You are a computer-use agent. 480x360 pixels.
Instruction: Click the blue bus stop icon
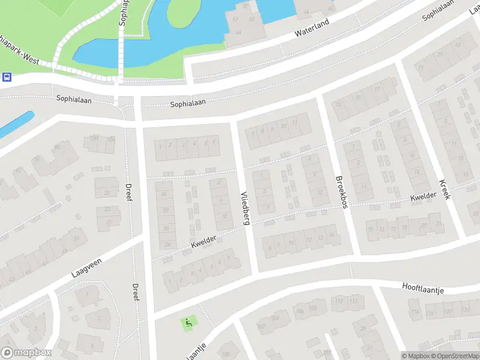[x=7, y=77]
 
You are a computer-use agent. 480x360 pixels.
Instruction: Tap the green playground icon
[x=188, y=323]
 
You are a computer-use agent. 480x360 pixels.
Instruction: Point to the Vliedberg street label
[x=244, y=208]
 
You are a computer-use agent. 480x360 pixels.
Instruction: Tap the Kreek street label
[x=444, y=190]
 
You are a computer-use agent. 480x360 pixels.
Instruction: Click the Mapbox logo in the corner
[x=26, y=353]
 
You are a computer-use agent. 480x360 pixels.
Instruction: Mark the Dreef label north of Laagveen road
[x=128, y=192]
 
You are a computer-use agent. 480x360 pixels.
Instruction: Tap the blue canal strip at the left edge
[x=14, y=124]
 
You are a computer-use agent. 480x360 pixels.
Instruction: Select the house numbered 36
[x=163, y=194]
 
